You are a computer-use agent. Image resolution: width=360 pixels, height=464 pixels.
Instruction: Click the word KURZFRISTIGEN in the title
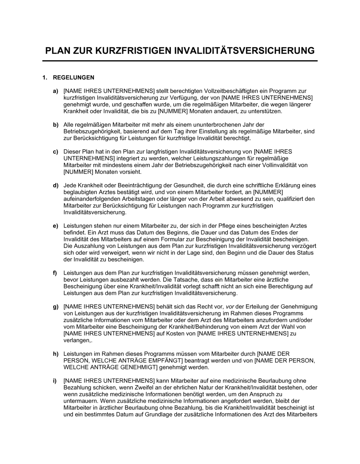pos(134,51)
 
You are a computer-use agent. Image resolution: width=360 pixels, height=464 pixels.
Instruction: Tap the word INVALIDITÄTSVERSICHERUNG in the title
pos(244,51)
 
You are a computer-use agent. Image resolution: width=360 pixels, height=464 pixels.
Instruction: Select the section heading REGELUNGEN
pos(73,77)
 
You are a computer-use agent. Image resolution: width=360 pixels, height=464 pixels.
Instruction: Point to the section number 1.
pos(45,77)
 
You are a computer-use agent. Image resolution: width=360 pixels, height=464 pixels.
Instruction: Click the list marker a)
pos(55,91)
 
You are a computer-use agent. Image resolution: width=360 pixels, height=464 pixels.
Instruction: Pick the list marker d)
pos(55,186)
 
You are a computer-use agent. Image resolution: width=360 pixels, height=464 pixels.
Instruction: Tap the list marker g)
pos(55,307)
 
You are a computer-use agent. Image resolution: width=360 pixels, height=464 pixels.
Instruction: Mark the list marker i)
pos(55,381)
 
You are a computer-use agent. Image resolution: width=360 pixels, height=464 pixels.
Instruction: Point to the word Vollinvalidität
pos(279,165)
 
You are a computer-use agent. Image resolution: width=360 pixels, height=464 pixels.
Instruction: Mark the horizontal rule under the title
pos(180,61)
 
